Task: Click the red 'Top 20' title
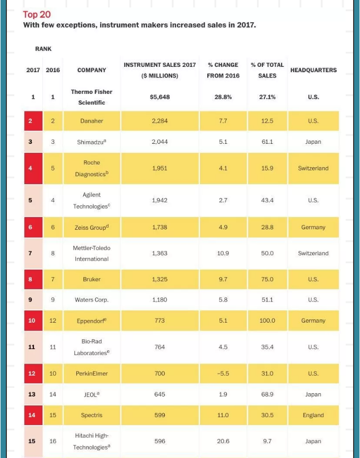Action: [x=37, y=14]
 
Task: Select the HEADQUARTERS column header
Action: [x=313, y=70]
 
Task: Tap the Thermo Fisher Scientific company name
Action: [x=92, y=97]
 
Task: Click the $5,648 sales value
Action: [x=160, y=97]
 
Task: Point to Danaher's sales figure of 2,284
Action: [x=160, y=121]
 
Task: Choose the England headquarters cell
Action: [x=313, y=416]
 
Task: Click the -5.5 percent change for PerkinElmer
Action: [x=223, y=374]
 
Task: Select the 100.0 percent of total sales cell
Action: [x=267, y=321]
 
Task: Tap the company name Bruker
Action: [x=91, y=279]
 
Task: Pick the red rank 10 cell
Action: [x=32, y=321]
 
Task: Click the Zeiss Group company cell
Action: [x=91, y=227]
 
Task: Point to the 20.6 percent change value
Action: [x=223, y=442]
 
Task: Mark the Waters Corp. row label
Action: [x=91, y=300]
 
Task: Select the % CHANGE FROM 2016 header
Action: [x=223, y=70]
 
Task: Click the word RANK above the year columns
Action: [x=43, y=49]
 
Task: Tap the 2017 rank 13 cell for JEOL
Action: [x=32, y=394]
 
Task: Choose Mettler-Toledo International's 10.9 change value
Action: [x=223, y=253]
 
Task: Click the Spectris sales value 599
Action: [x=160, y=416]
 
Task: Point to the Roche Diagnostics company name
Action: [x=91, y=168]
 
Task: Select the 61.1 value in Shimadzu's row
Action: [x=267, y=142]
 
